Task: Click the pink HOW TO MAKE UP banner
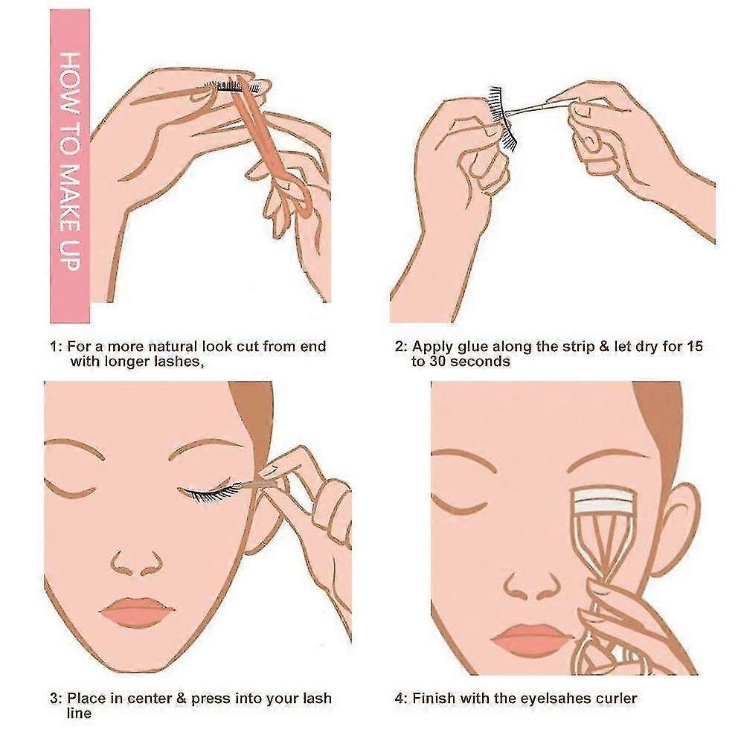[70, 166]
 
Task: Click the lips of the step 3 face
[137, 610]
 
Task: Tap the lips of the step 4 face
[529, 640]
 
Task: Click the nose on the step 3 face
[137, 564]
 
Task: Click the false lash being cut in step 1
[232, 86]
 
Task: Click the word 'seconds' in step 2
[480, 362]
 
